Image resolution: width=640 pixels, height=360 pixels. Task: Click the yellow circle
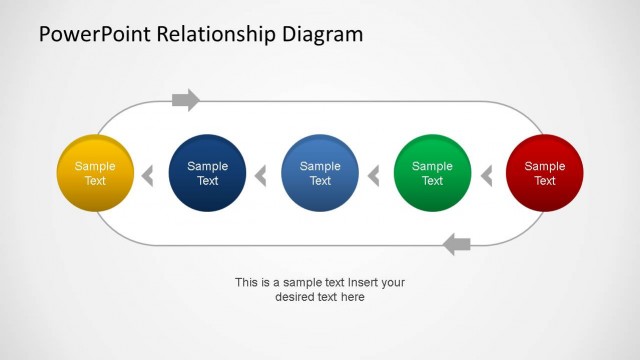click(x=95, y=173)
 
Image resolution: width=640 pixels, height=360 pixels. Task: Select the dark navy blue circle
click(x=208, y=173)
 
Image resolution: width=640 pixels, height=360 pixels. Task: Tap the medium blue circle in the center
click(x=320, y=173)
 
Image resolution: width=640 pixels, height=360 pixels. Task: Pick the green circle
click(x=432, y=173)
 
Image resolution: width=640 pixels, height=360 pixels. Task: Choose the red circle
click(x=545, y=173)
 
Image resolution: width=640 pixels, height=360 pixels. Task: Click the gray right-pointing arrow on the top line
click(x=186, y=100)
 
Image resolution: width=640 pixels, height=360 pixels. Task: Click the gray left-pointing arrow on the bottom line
click(x=456, y=243)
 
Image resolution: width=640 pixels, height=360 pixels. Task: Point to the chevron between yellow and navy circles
click(x=147, y=177)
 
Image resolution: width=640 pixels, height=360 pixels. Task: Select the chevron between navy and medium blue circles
click(x=261, y=177)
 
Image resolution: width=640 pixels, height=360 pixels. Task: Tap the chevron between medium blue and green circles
click(x=374, y=177)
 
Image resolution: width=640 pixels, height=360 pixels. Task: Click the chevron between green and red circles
click(x=487, y=177)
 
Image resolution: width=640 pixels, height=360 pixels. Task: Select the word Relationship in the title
click(x=218, y=35)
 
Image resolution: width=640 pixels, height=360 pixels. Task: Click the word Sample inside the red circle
click(x=545, y=166)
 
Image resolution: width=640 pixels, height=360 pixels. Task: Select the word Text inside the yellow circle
click(x=95, y=181)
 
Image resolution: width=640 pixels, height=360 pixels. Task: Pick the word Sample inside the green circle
click(x=432, y=166)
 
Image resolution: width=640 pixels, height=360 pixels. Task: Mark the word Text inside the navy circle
click(x=208, y=181)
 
